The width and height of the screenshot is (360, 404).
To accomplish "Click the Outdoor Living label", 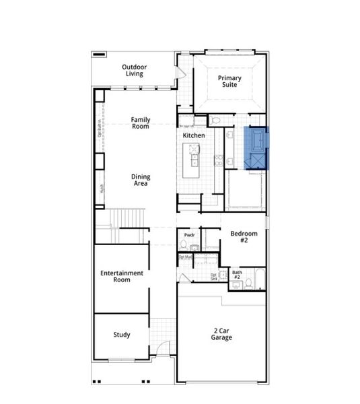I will point(135,70).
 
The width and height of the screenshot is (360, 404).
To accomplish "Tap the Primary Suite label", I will point(229,82).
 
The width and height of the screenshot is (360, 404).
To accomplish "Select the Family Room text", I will point(140,123).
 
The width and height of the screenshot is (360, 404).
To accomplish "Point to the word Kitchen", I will point(194,135).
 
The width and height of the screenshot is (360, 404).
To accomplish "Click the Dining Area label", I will point(141,180).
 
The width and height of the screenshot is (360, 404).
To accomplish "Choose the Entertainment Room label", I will point(122,276).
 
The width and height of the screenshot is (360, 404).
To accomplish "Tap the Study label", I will point(122,335).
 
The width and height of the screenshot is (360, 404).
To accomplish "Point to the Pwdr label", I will point(189,235).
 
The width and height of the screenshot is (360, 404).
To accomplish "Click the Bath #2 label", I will point(237,274).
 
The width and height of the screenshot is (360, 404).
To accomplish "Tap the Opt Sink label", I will point(214,276).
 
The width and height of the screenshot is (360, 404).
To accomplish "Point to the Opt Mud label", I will point(185,257).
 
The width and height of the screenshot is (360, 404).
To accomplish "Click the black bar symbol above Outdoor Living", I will point(100,54).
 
